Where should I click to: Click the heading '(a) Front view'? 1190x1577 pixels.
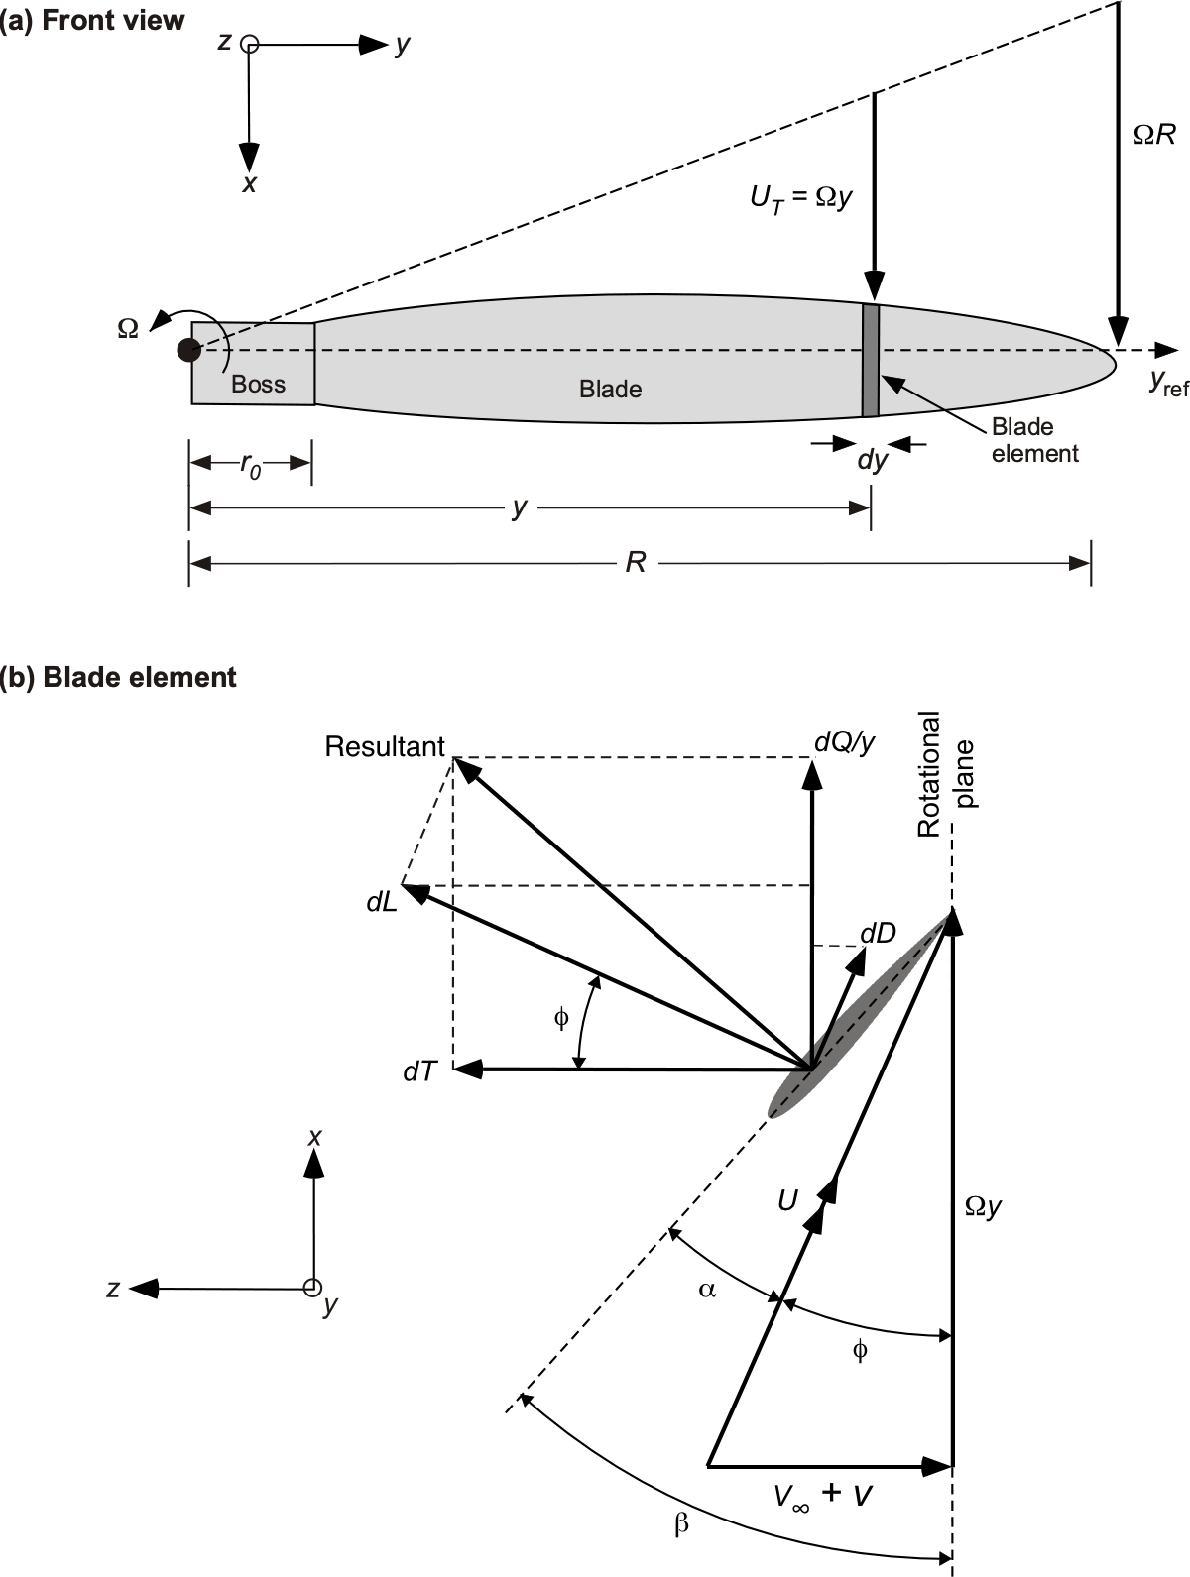tap(92, 21)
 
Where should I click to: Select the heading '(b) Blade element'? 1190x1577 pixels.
tap(119, 677)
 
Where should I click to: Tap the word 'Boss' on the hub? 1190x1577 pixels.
tap(258, 385)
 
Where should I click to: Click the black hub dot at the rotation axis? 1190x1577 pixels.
tap(188, 350)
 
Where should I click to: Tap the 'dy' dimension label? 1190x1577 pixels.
tap(872, 461)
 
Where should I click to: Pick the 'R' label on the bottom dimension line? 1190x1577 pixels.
tap(636, 563)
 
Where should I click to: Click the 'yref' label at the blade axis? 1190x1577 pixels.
tap(1168, 382)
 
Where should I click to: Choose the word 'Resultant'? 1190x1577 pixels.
tap(385, 746)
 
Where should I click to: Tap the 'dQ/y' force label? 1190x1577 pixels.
tap(844, 742)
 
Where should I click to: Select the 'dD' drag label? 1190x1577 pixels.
tap(878, 933)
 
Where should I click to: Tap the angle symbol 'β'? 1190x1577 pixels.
tap(681, 1524)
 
